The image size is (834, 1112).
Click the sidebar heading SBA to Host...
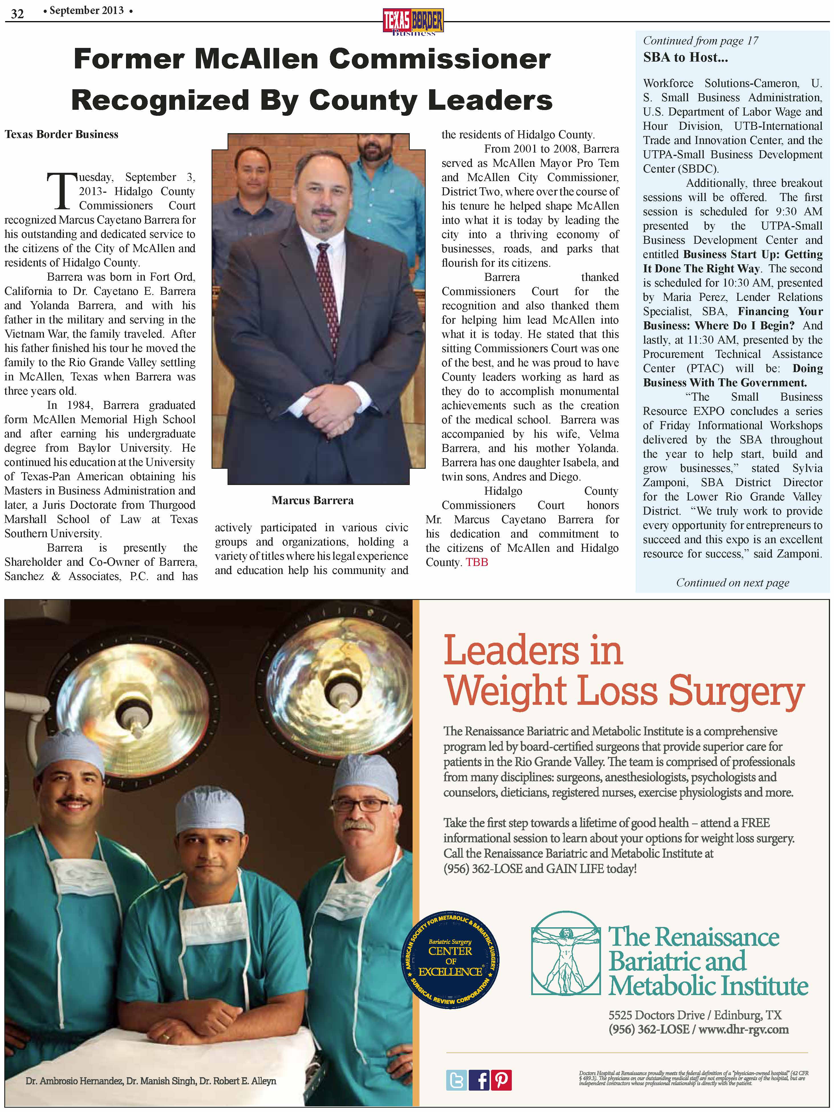685,57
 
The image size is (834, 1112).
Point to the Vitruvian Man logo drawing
565,954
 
